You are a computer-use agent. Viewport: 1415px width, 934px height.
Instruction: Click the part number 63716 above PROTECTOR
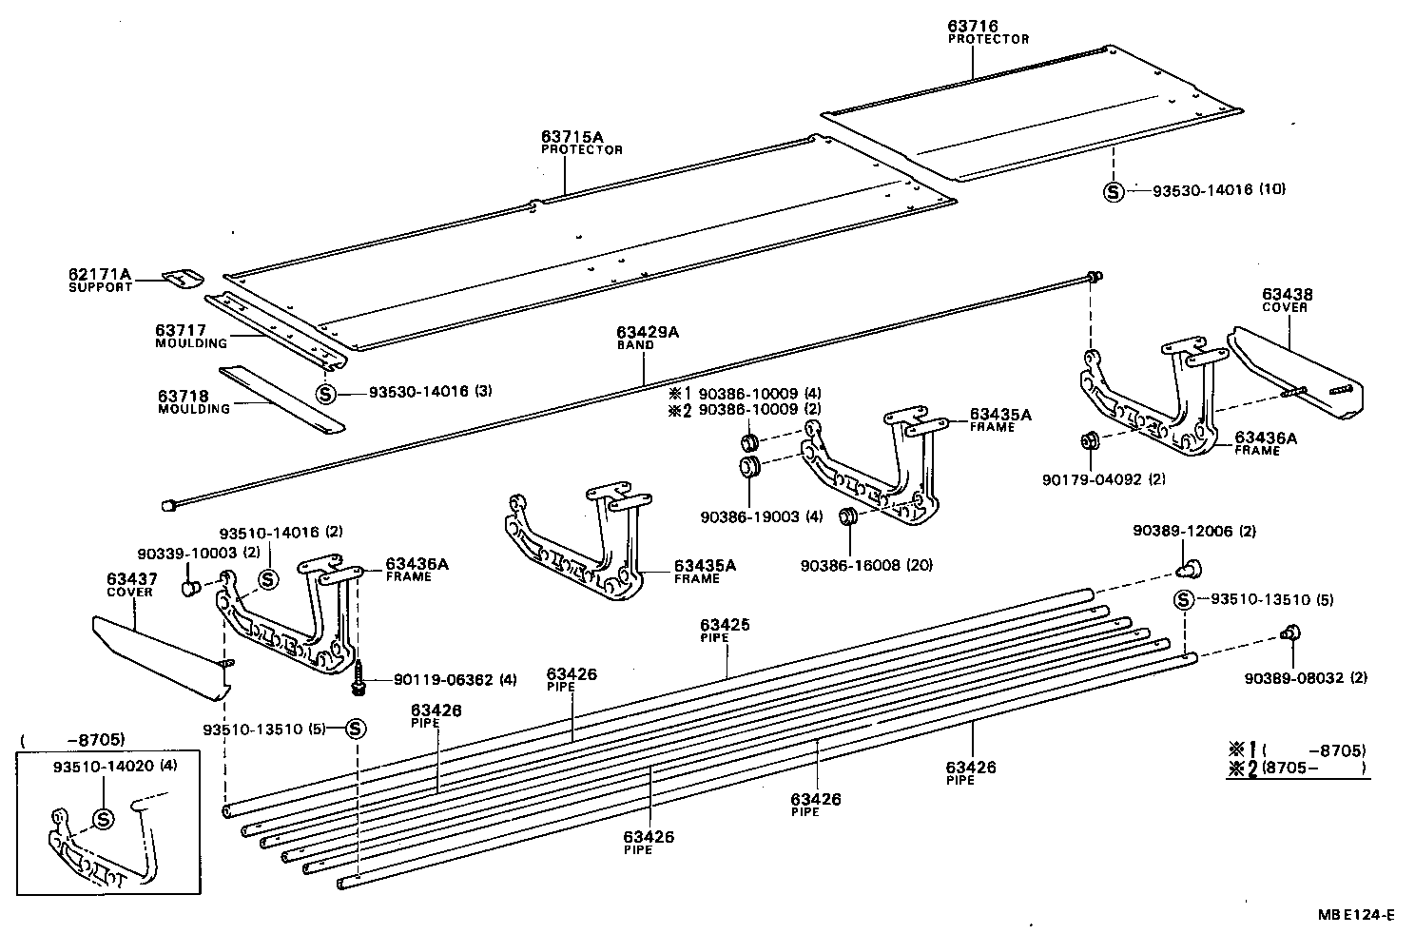pos(973,27)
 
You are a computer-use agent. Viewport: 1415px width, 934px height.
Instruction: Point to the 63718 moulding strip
pos(281,399)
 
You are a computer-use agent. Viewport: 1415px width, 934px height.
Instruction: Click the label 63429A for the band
pos(647,332)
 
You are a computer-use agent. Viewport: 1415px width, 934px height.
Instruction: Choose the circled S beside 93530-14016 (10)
pos(1113,191)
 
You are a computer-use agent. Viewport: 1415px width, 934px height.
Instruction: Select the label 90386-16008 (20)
pos(866,565)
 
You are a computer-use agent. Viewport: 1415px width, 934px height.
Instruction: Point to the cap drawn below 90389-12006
pos(1187,569)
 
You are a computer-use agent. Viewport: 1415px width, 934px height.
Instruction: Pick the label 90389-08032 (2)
pos(1306,678)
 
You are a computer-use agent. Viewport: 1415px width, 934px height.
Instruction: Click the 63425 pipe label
pos(725,625)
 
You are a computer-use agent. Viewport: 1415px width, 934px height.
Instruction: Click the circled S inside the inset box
pos(103,817)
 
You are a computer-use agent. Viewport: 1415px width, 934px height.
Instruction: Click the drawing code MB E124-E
pos(1355,915)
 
